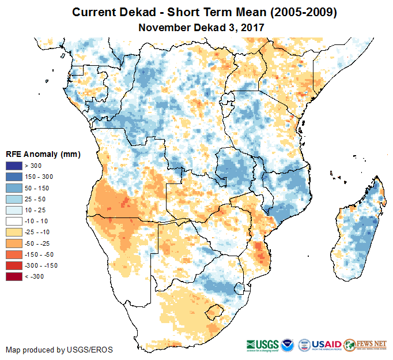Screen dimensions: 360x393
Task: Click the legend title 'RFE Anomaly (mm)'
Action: tap(43, 154)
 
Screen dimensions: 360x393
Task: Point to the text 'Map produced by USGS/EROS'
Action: tap(59, 350)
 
